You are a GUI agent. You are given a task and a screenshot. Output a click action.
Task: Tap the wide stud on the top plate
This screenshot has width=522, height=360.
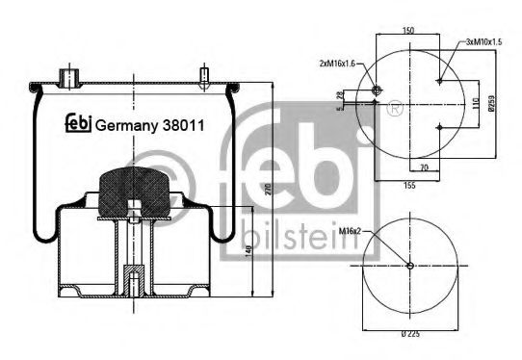coord(68,75)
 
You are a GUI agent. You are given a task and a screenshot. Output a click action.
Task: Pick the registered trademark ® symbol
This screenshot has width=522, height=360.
coord(394,104)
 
